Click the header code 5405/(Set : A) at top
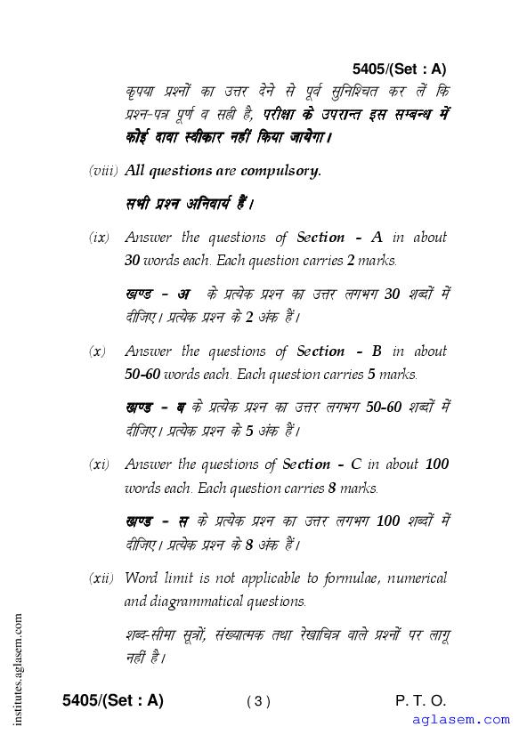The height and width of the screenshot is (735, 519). pos(399,69)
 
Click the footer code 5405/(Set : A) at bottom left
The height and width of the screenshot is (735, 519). pos(113,700)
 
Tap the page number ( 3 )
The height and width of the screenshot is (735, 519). pos(258,701)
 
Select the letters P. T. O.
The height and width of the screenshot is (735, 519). pos(421,700)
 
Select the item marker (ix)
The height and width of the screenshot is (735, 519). pos(99,238)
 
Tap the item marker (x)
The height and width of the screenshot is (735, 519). pos(97,352)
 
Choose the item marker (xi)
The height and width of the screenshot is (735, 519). pos(99,465)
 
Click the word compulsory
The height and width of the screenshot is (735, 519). pos(285,170)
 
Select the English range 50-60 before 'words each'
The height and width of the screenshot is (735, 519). pos(142,375)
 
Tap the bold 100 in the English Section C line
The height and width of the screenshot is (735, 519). pos(436,464)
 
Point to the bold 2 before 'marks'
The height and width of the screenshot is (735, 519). pos(351,262)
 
